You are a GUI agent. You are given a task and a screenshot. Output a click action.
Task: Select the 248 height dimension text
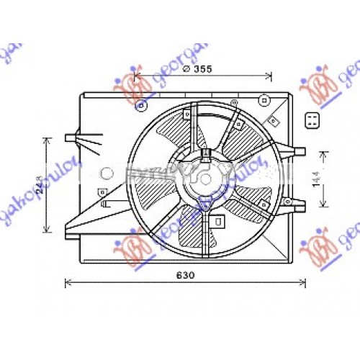[x=39, y=186]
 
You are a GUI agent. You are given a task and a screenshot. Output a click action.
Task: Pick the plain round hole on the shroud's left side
[x=87, y=173]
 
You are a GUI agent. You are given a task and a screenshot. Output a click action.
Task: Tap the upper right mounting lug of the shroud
[x=295, y=151]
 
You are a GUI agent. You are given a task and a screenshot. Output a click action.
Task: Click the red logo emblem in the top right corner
[x=318, y=86]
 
